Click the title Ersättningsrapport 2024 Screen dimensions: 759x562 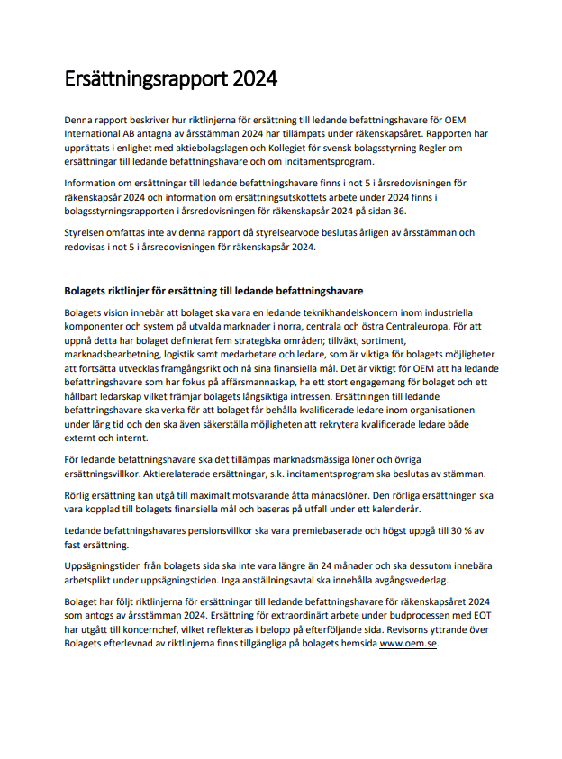point(170,79)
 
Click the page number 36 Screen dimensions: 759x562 point(399,210)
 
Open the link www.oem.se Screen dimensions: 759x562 point(408,646)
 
